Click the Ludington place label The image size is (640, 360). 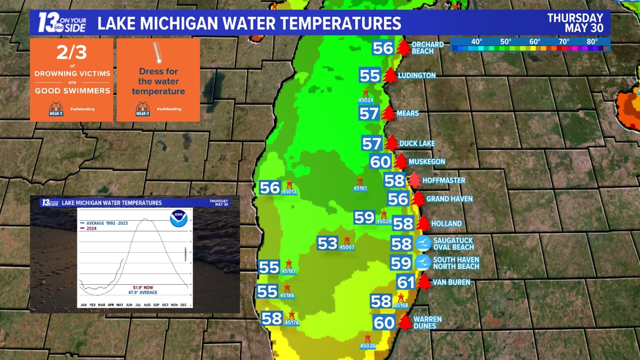click(417, 75)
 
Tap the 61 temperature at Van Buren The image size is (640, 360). click(405, 282)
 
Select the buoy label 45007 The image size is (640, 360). click(347, 248)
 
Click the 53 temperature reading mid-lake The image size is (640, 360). click(327, 243)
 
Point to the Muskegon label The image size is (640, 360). click(427, 162)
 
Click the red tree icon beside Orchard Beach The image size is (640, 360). click(403, 47)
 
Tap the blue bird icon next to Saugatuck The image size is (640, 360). click(423, 243)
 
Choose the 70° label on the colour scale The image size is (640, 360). click(564, 42)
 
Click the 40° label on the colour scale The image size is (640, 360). click(477, 42)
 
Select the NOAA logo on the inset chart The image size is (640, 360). click(179, 218)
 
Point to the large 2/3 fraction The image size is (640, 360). click(72, 53)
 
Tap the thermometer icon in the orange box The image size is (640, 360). click(158, 54)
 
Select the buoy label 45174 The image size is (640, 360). click(291, 323)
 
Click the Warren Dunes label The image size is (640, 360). click(427, 322)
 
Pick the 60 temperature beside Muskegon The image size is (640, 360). click(380, 162)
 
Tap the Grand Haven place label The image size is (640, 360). click(449, 199)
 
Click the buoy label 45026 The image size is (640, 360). click(367, 346)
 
